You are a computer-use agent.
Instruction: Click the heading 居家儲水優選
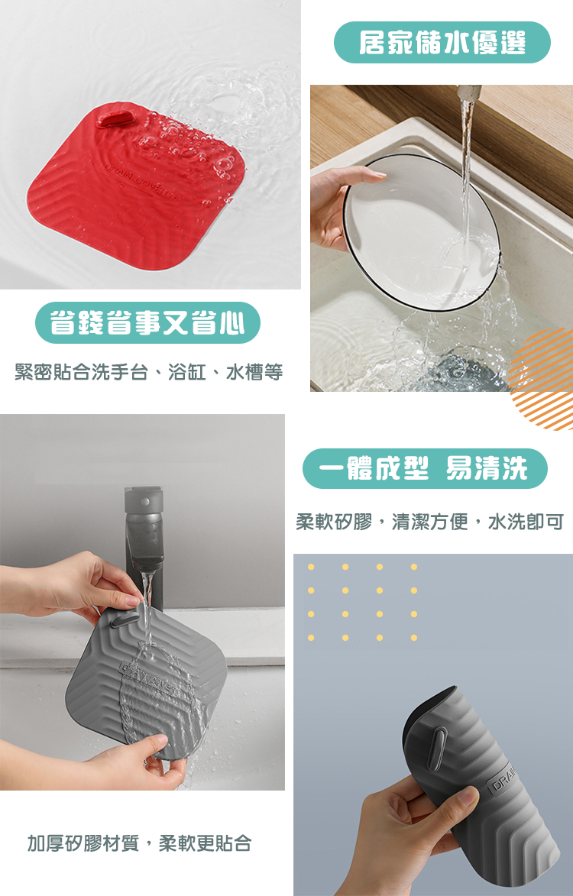442,43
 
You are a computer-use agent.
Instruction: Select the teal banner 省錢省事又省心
148,323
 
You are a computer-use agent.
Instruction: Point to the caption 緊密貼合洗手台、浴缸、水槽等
149,372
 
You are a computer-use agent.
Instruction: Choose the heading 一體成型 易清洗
425,468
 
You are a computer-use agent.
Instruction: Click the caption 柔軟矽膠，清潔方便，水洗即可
429,522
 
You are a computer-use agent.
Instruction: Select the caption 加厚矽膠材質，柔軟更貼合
140,843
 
